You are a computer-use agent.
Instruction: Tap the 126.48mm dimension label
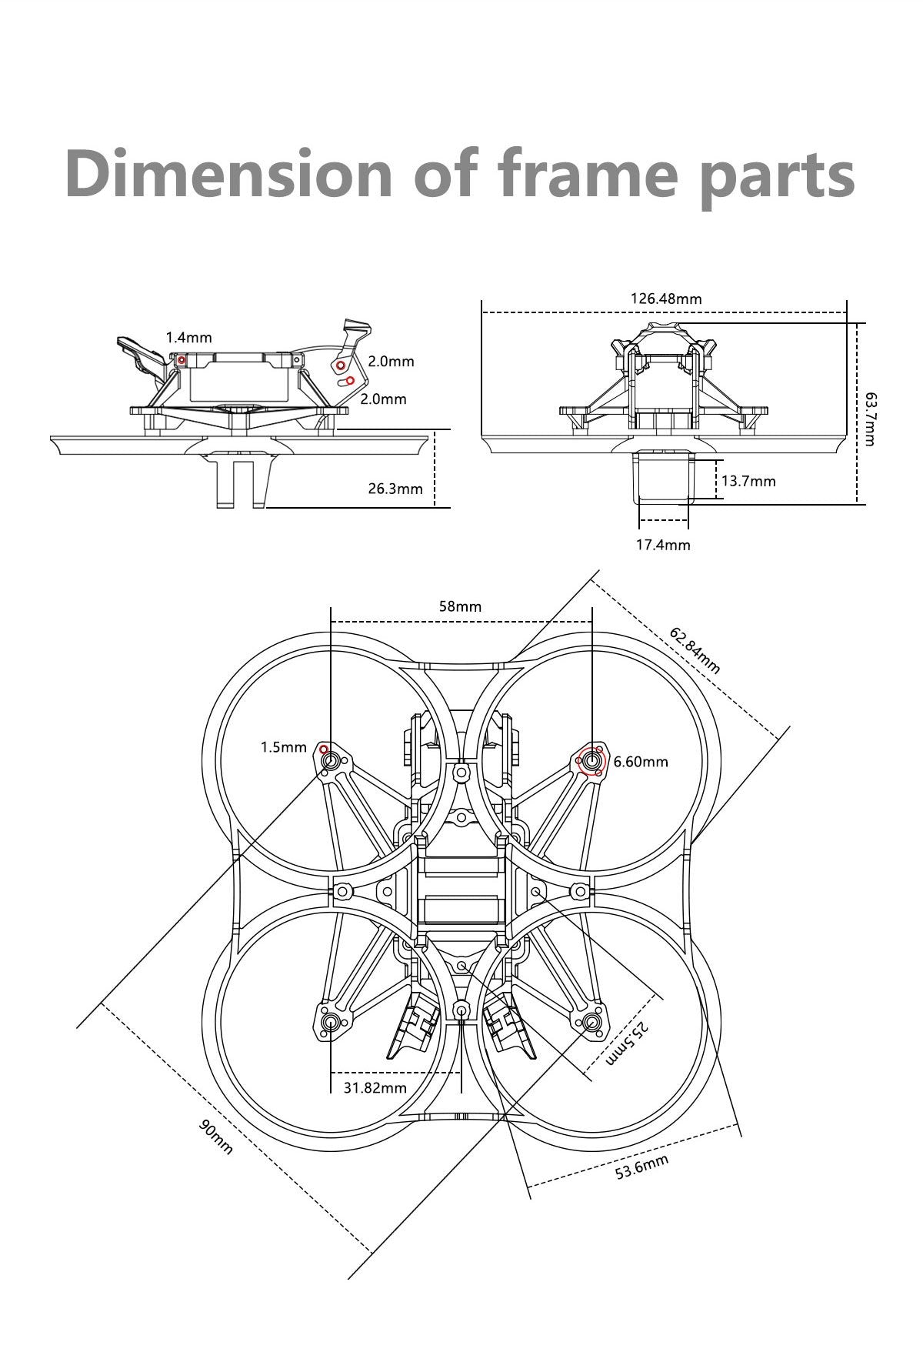click(x=666, y=299)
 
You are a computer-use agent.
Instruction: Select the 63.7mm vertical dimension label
click(x=869, y=419)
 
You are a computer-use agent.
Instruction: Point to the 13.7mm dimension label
click(x=748, y=481)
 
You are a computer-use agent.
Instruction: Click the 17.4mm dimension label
click(x=663, y=545)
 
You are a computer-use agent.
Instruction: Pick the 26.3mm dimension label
click(x=395, y=489)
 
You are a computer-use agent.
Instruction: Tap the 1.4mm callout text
click(x=188, y=337)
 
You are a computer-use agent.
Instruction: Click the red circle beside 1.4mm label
click(x=182, y=359)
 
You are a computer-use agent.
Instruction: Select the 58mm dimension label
click(x=460, y=606)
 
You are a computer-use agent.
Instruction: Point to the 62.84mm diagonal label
click(x=695, y=651)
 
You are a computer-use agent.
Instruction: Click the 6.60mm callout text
click(x=641, y=762)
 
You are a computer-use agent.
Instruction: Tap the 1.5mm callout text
click(x=283, y=747)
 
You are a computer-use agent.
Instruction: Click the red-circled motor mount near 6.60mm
click(x=591, y=761)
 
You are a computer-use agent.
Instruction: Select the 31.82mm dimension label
click(x=375, y=1087)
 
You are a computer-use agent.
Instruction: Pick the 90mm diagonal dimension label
click(x=216, y=1137)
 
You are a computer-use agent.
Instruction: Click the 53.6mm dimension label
click(x=642, y=1167)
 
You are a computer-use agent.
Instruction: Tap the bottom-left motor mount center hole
click(x=331, y=1022)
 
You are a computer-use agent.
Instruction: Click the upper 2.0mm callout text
click(x=392, y=361)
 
